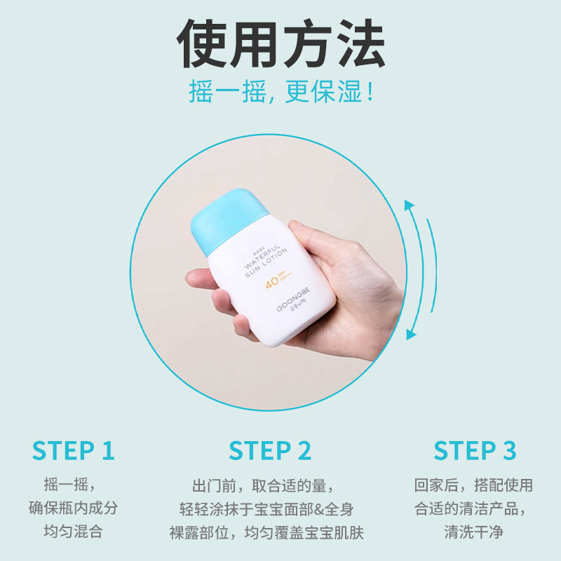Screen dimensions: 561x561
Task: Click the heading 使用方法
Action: click(x=280, y=43)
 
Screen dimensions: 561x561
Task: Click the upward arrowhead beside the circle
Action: click(x=410, y=205)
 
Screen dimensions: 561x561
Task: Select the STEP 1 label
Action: click(x=73, y=451)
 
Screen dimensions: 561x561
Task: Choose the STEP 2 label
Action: click(x=270, y=451)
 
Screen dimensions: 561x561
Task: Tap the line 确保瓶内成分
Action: click(x=73, y=508)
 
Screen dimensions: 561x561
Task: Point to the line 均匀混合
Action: click(x=73, y=532)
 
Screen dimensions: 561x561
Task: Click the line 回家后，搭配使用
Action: click(x=473, y=485)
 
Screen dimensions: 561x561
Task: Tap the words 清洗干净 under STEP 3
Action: click(x=473, y=532)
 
